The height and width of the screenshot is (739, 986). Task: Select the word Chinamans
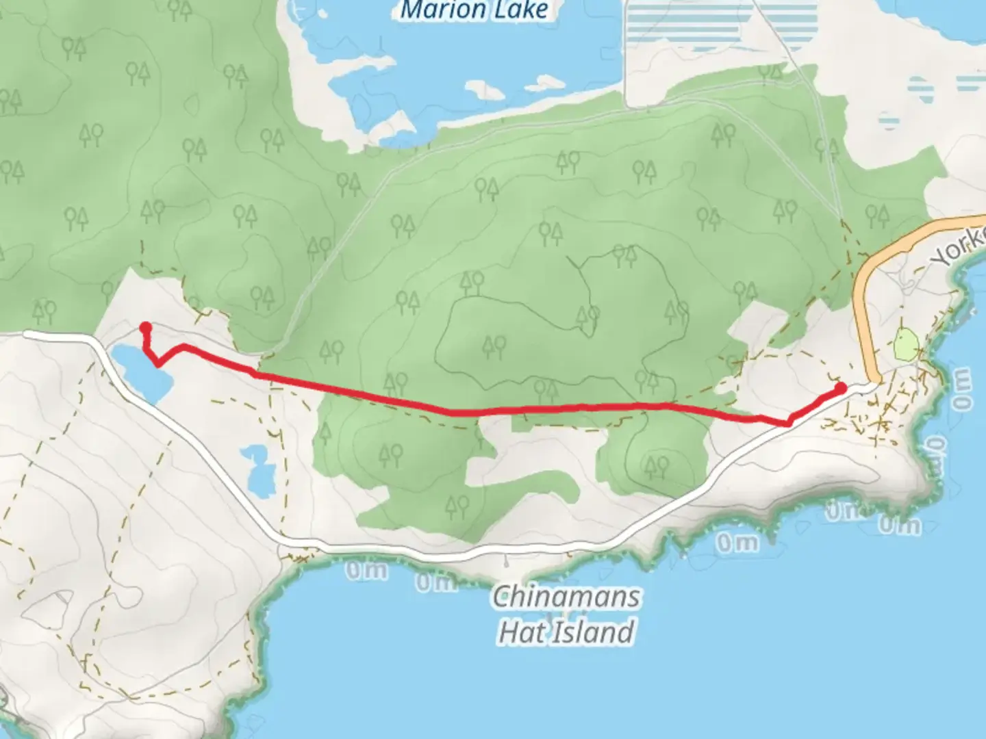tap(566, 597)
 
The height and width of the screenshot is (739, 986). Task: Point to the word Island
tap(592, 632)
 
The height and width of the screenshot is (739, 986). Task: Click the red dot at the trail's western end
tap(145, 327)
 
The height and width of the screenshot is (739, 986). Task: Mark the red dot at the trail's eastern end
tap(841, 388)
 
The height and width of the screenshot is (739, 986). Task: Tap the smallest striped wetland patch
tap(889, 122)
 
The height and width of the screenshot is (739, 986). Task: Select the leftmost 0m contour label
tap(366, 570)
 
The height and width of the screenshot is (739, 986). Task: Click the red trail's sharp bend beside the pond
tap(158, 363)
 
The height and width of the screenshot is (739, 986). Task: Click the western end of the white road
tap(27, 334)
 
